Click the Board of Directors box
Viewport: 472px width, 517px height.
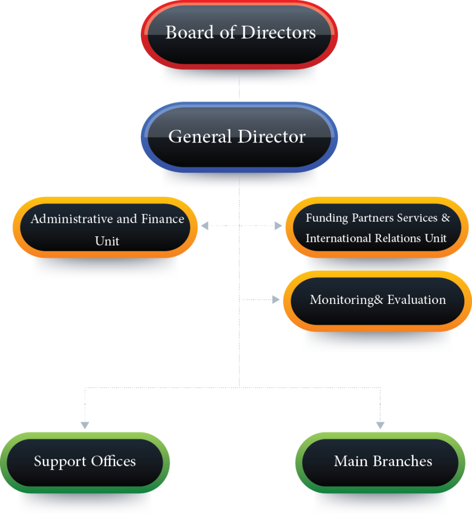pyautogui.click(x=239, y=35)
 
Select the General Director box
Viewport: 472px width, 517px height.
pyautogui.click(x=239, y=137)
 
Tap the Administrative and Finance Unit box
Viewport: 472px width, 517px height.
pyautogui.click(x=105, y=228)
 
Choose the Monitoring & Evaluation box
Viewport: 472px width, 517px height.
pyautogui.click(x=378, y=301)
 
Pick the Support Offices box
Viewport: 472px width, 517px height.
pyautogui.click(x=85, y=462)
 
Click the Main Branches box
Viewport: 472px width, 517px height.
pyautogui.click(x=380, y=462)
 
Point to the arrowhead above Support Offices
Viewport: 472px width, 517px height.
pyautogui.click(x=85, y=425)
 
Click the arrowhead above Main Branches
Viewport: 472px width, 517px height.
pyautogui.click(x=380, y=425)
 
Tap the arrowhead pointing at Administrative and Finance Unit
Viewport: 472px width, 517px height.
pyautogui.click(x=204, y=226)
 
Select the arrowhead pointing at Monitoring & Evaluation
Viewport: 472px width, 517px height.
pyautogui.click(x=276, y=300)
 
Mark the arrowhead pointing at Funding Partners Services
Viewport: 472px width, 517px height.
pyautogui.click(x=279, y=226)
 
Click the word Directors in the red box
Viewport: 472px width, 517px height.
pyautogui.click(x=279, y=32)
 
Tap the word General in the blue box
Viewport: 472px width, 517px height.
pyautogui.click(x=200, y=136)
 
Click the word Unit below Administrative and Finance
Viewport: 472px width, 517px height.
pyautogui.click(x=107, y=241)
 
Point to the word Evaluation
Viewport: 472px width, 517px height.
pyautogui.click(x=416, y=300)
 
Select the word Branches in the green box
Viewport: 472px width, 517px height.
pyautogui.click(x=402, y=461)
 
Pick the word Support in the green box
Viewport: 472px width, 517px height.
pyautogui.click(x=60, y=461)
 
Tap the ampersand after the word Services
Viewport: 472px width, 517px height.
pyautogui.click(x=446, y=218)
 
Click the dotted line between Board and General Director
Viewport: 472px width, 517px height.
pyautogui.click(x=239, y=88)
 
